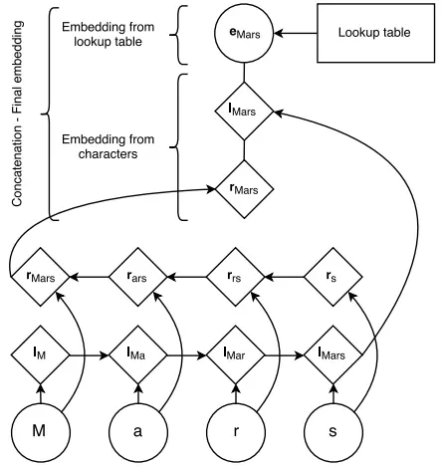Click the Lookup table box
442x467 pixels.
click(x=375, y=33)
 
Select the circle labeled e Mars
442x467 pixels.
click(x=244, y=33)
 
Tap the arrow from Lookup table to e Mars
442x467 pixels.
click(x=296, y=33)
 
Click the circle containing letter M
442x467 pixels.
click(x=41, y=432)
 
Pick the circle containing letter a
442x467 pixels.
click(x=138, y=432)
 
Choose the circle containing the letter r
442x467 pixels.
click(x=236, y=432)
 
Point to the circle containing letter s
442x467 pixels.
click(x=333, y=432)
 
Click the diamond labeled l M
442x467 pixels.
click(x=41, y=355)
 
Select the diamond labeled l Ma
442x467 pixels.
click(x=138, y=355)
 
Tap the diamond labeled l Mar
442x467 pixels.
click(x=236, y=355)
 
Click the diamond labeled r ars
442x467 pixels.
click(x=138, y=277)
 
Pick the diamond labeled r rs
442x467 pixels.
click(x=236, y=277)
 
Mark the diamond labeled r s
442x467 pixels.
click(x=333, y=277)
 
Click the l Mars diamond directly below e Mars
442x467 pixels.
click(x=244, y=112)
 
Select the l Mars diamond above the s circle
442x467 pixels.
click(x=333, y=355)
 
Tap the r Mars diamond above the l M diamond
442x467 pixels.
click(x=41, y=277)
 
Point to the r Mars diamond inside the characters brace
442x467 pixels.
click(x=245, y=189)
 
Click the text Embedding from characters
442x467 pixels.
click(x=109, y=146)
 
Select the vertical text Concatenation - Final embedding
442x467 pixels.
click(x=17, y=114)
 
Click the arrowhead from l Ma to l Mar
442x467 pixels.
click(x=202, y=355)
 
